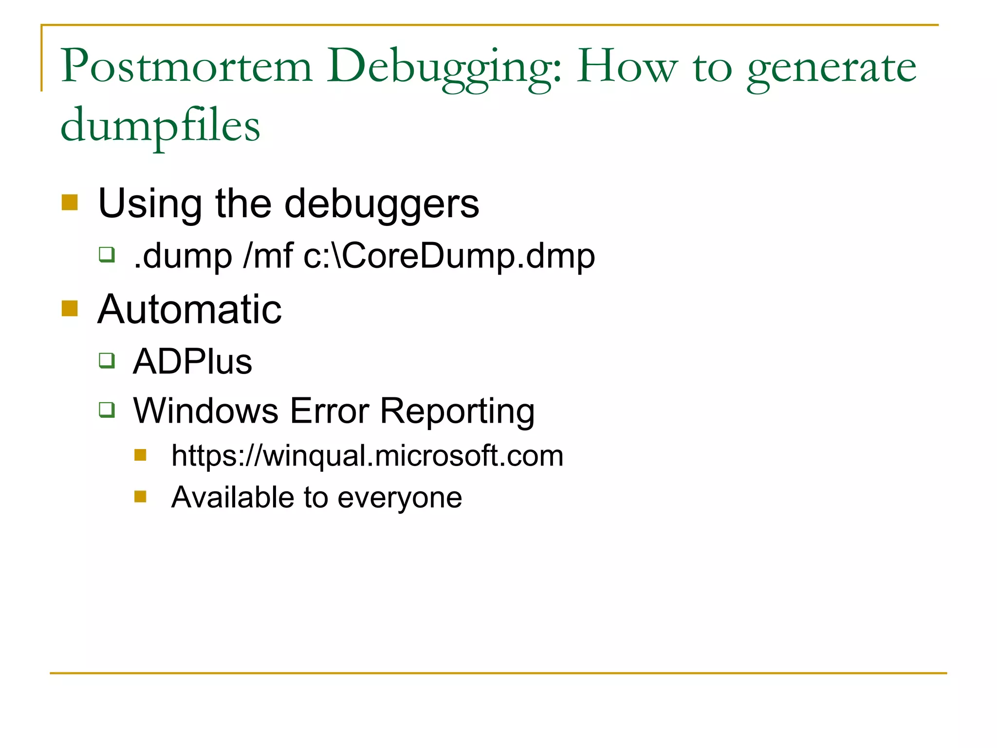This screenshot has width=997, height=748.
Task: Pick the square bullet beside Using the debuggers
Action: pos(70,202)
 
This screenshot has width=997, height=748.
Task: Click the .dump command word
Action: pos(183,256)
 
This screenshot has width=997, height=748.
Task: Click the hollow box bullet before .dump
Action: pos(107,254)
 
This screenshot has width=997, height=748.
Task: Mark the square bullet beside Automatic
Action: pos(70,308)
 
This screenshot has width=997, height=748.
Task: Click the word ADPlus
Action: pos(192,361)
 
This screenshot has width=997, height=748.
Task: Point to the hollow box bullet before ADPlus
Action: pos(107,360)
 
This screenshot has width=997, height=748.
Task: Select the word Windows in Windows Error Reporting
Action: pos(205,411)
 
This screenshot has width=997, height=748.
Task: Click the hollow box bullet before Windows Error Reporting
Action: pos(107,409)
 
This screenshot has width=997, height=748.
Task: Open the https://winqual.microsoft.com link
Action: pos(367,456)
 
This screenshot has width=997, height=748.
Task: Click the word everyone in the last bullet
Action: pos(399,498)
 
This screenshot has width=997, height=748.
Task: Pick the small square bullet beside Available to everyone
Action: pos(140,496)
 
